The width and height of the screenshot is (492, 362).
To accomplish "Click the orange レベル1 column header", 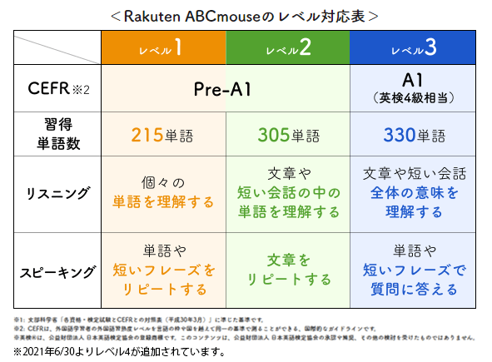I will point(162,48).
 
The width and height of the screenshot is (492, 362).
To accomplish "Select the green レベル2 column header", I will point(288,48).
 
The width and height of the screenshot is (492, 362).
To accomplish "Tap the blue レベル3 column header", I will point(414,48).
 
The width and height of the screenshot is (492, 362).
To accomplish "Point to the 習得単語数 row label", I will point(57,135).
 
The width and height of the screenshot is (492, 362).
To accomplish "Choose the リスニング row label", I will point(57,193).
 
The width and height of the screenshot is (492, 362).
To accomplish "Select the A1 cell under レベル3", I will point(414,88).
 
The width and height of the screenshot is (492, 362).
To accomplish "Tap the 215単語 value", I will point(162,135).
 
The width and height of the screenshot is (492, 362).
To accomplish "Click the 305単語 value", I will point(288,135).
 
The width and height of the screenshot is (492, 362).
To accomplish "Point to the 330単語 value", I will point(414,135).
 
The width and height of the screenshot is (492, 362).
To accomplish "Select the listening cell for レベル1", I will point(162,193).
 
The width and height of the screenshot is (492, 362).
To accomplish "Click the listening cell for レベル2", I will point(288,193).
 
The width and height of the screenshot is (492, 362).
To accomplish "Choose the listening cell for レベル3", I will point(414,193).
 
